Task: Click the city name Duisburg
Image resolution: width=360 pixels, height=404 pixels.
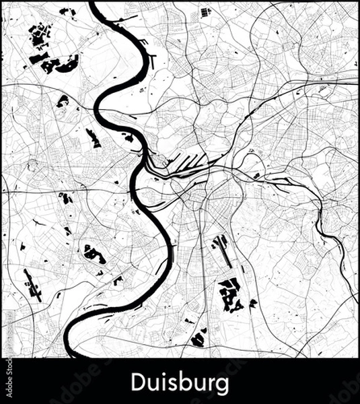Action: click(180, 382)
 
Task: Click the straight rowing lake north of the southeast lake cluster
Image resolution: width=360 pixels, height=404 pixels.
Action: click(221, 250)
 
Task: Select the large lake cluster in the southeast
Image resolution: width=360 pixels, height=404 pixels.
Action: click(231, 294)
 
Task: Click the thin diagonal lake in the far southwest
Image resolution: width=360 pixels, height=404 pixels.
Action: click(32, 285)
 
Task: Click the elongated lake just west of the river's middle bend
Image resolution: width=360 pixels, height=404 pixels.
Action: click(93, 137)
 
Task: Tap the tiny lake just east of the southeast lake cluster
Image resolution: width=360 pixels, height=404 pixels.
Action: click(252, 304)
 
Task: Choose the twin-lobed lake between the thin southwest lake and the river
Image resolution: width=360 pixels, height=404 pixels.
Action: click(94, 254)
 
